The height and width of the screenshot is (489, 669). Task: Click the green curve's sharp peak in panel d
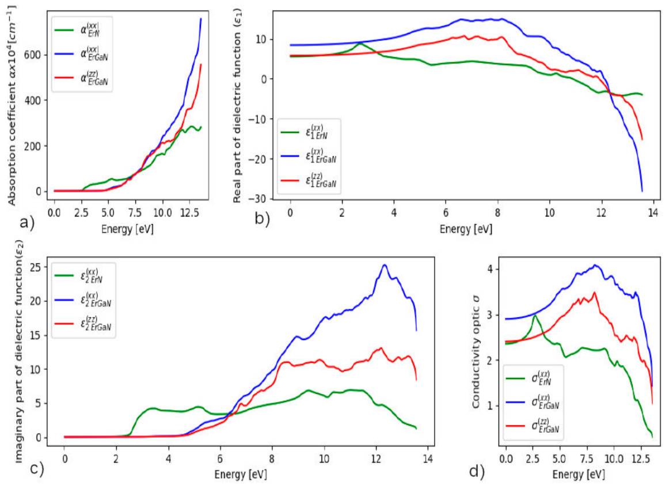pyautogui.click(x=535, y=315)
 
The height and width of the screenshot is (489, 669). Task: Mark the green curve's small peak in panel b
pyautogui.click(x=360, y=44)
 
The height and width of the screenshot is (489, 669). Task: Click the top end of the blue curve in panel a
pyautogui.click(x=201, y=18)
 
